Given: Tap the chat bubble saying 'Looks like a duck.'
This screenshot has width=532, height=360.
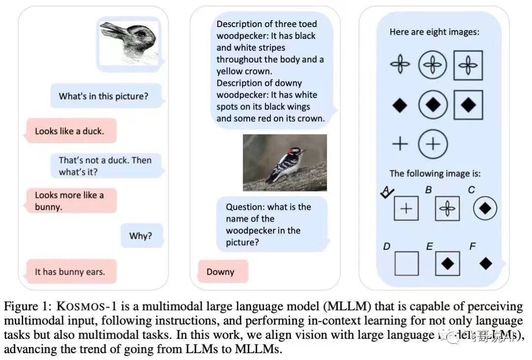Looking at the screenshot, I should pyautogui.click(x=69, y=131).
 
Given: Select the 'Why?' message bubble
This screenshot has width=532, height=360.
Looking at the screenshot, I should pyautogui.click(x=141, y=236).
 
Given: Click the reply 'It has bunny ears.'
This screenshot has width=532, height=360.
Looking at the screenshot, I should pyautogui.click(x=70, y=271).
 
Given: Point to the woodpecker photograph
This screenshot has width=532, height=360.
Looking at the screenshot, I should pyautogui.click(x=285, y=163).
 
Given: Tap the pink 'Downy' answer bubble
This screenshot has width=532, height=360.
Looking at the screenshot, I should pyautogui.click(x=221, y=272).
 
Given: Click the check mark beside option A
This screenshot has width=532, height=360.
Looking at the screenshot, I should pyautogui.click(x=387, y=193).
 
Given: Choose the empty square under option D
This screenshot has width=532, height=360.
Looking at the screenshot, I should pyautogui.click(x=406, y=263).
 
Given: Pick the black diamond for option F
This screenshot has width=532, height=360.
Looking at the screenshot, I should pyautogui.click(x=486, y=263).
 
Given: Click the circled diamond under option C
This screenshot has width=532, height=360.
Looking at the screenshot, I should pyautogui.click(x=485, y=209).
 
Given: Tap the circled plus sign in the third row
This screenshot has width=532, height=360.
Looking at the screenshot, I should pyautogui.click(x=432, y=144).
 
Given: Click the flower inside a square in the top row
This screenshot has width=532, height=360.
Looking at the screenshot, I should pyautogui.click(x=468, y=65).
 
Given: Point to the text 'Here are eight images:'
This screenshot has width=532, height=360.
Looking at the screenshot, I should pyautogui.click(x=434, y=32).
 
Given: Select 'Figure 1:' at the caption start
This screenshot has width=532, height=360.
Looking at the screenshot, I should pyautogui.click(x=35, y=306).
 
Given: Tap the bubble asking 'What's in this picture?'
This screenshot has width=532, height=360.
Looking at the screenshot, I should pyautogui.click(x=103, y=97).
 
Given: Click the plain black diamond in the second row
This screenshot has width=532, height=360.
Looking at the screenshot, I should pyautogui.click(x=399, y=105).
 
